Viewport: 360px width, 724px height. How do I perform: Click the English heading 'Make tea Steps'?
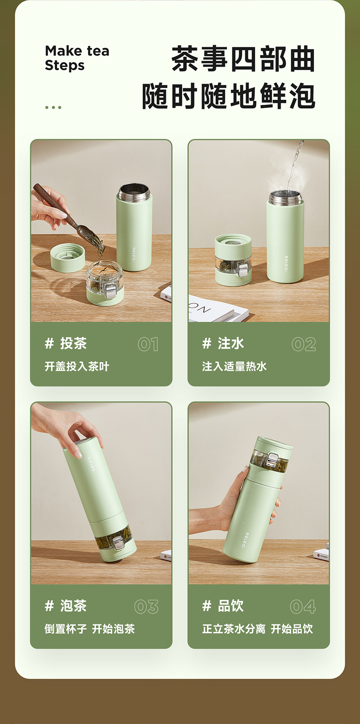[77, 58]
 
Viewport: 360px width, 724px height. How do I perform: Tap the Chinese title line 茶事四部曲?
[243, 59]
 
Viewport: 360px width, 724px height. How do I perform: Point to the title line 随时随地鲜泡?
[228, 96]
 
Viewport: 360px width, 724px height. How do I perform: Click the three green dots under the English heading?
[53, 108]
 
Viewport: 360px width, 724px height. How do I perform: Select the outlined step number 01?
[148, 344]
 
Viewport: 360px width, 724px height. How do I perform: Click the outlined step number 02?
[304, 344]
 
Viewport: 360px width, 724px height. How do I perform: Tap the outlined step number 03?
[146, 606]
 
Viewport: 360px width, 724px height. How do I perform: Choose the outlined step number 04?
[303, 606]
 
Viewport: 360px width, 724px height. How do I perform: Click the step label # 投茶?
[66, 343]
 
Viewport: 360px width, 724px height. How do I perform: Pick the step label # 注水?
[223, 343]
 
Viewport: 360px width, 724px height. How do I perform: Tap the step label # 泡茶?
[66, 606]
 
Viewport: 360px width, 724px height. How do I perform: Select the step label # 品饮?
[223, 606]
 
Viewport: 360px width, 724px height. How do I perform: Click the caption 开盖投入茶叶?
[77, 366]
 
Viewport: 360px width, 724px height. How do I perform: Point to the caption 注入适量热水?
[234, 366]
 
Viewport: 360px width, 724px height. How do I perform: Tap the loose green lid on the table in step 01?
[67, 257]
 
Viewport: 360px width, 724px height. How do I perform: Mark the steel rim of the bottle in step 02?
[285, 197]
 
